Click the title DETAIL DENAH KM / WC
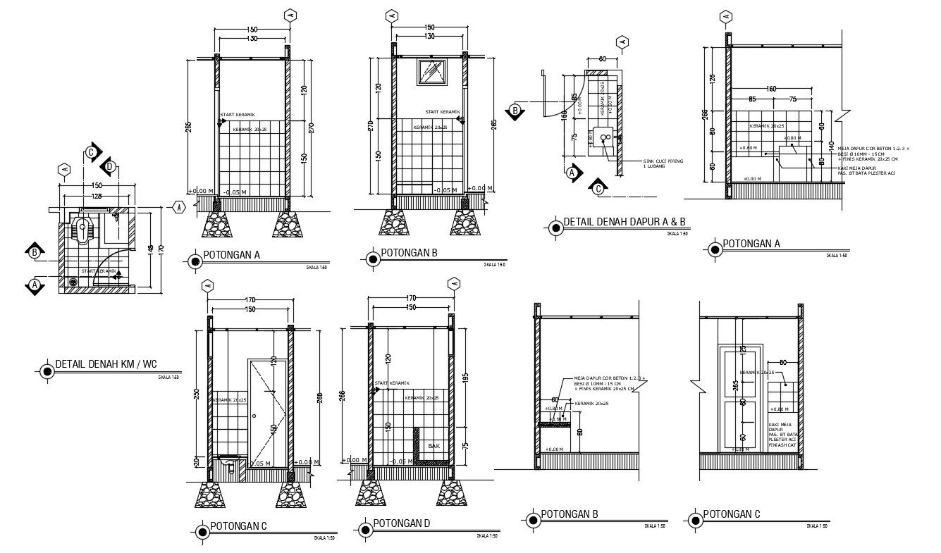[106, 365]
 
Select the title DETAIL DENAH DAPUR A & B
[624, 223]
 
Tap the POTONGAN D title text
[401, 523]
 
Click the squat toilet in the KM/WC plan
[84, 229]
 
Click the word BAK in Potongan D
[433, 446]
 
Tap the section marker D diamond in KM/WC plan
[109, 167]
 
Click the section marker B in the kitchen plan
[515, 111]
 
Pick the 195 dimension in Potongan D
[466, 378]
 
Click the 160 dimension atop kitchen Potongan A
[771, 89]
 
